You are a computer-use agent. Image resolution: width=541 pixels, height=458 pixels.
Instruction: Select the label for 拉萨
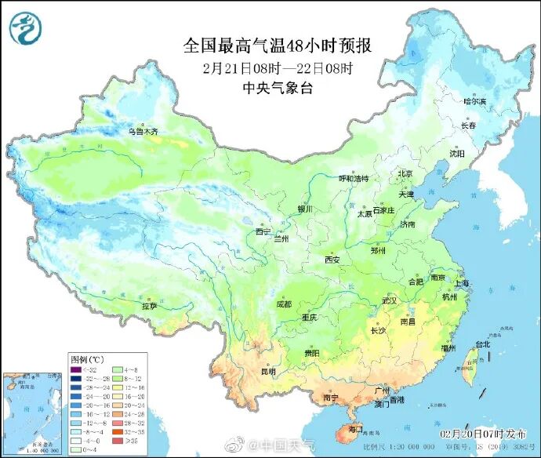point(149,306)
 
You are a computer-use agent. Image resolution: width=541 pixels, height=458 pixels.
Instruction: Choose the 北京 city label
point(405,173)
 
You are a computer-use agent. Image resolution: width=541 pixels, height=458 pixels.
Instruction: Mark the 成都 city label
point(283,304)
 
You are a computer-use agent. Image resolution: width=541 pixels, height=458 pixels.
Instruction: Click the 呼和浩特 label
point(353,179)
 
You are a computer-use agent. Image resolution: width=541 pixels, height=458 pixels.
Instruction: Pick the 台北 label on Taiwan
point(483,343)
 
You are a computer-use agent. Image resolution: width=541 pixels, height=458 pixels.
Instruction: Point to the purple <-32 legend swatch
point(77,369)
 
